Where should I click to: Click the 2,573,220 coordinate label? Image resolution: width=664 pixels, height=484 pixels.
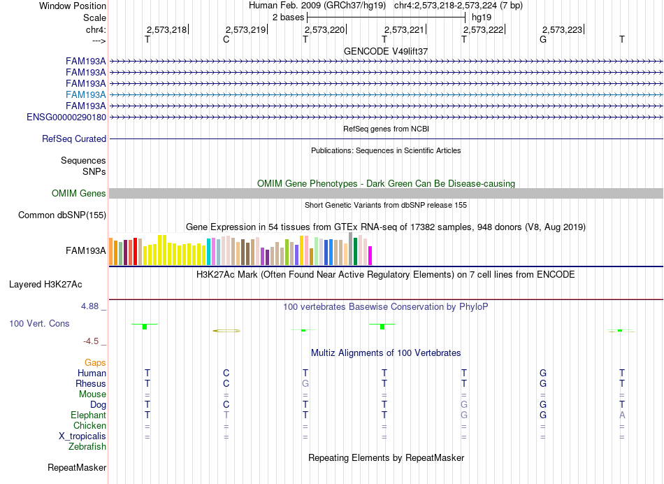pyautogui.click(x=324, y=29)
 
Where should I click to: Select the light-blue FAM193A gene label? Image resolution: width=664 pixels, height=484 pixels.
pyautogui.click(x=85, y=94)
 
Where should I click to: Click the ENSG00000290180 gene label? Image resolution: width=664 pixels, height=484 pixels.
pyautogui.click(x=66, y=117)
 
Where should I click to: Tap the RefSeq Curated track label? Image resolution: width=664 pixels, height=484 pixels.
pyautogui.click(x=74, y=138)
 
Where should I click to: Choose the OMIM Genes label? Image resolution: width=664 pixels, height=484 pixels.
pyautogui.click(x=79, y=193)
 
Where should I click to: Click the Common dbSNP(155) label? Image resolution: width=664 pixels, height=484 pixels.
pyautogui.click(x=62, y=215)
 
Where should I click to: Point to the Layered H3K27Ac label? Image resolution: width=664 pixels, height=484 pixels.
pyautogui.click(x=45, y=285)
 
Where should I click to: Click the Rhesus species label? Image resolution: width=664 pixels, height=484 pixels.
pyautogui.click(x=91, y=383)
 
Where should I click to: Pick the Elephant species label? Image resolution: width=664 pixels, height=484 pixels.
pyautogui.click(x=89, y=415)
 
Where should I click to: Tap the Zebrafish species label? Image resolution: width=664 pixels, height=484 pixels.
pyautogui.click(x=87, y=446)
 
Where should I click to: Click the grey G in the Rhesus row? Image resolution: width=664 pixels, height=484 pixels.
pyautogui.click(x=305, y=383)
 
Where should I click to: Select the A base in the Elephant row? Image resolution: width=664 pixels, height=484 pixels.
pyautogui.click(x=622, y=415)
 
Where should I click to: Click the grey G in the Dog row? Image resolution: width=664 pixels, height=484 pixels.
pyautogui.click(x=464, y=404)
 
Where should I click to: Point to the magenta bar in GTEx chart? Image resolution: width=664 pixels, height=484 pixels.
pyautogui.click(x=370, y=255)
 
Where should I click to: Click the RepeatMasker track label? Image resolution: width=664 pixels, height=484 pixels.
pyautogui.click(x=77, y=467)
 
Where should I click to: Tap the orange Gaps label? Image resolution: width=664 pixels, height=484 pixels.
pyautogui.click(x=95, y=362)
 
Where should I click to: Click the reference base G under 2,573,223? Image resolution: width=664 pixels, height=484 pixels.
pyautogui.click(x=543, y=39)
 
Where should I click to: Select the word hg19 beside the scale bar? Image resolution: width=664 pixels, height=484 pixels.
pyautogui.click(x=482, y=17)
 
